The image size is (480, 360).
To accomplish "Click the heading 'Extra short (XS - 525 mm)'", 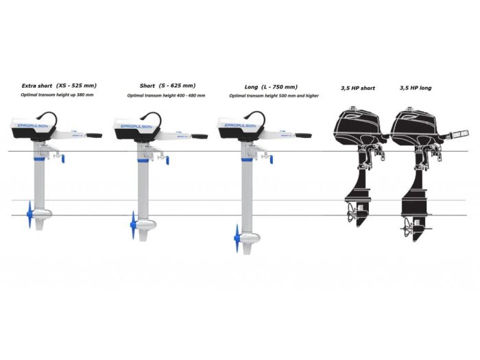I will click(x=58, y=86).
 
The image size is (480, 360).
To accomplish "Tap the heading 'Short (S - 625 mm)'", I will click(x=167, y=86).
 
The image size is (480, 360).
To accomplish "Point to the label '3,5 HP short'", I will click(x=358, y=88).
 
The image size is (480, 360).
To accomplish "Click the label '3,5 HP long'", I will click(x=416, y=88).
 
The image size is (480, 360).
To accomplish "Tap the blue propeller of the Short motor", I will click(x=133, y=221).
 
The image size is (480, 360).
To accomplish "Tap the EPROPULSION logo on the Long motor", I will click(x=239, y=126).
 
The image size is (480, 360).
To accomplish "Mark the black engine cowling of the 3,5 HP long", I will click(x=416, y=126).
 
